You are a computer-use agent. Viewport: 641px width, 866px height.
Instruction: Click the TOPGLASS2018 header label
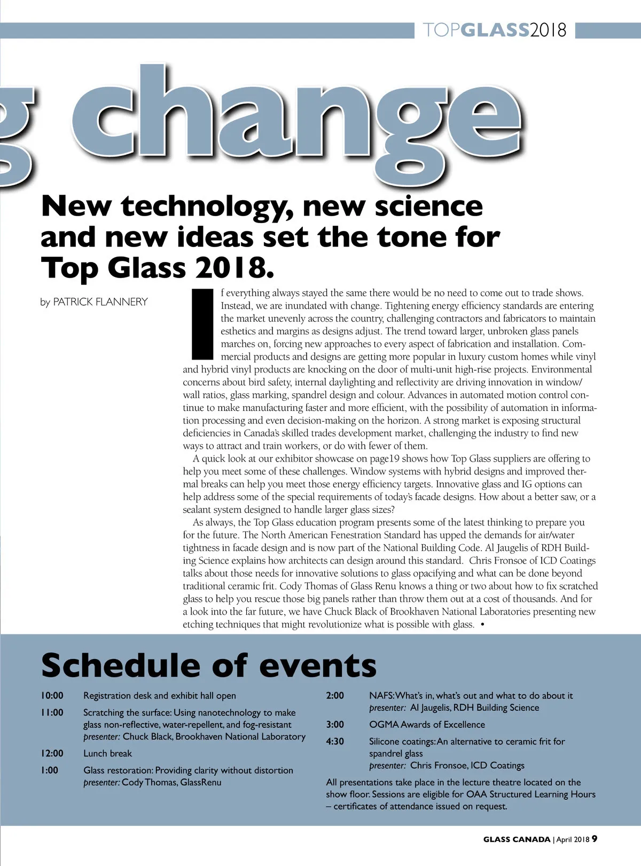494,30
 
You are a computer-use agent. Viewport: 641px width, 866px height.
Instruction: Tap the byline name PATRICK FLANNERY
100,302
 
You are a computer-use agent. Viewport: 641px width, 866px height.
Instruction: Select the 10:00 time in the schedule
52,696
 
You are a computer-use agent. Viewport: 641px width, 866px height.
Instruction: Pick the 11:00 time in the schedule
52,713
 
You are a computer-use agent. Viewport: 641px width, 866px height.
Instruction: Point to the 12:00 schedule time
52,753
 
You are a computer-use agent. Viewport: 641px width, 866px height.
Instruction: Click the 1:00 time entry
50,770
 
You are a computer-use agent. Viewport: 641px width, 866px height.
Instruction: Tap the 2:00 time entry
335,696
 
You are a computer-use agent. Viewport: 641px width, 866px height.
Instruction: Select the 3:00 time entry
335,725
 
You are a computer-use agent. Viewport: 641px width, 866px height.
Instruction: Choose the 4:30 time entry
335,742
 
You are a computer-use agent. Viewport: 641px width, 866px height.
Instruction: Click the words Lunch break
107,753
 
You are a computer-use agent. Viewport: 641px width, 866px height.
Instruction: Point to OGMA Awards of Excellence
427,725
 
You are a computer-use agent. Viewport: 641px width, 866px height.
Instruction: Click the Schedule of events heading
208,666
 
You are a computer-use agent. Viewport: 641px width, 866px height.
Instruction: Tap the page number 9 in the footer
595,839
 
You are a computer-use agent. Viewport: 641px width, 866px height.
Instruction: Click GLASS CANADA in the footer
517,839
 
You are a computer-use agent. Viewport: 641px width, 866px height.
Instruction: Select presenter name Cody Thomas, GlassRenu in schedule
171,783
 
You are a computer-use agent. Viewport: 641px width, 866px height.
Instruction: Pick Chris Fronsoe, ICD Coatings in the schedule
467,766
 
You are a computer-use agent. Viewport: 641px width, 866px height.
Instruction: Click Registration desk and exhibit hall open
159,696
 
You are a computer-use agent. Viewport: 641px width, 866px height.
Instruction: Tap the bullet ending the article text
483,625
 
